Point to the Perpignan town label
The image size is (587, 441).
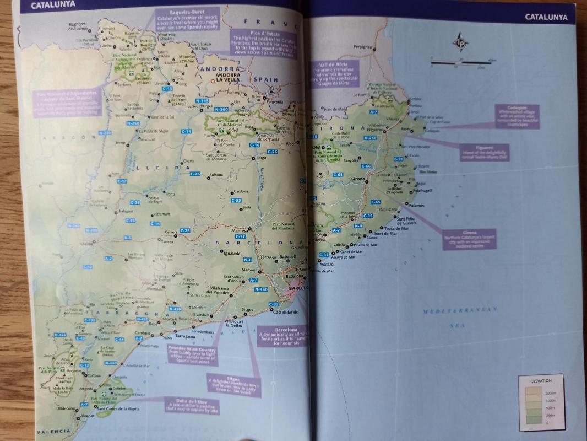point(363,47)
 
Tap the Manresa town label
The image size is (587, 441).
point(240,230)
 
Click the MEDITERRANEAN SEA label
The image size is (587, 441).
point(459,318)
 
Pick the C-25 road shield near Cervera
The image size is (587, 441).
point(185,230)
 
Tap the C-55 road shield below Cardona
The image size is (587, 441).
point(236,200)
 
